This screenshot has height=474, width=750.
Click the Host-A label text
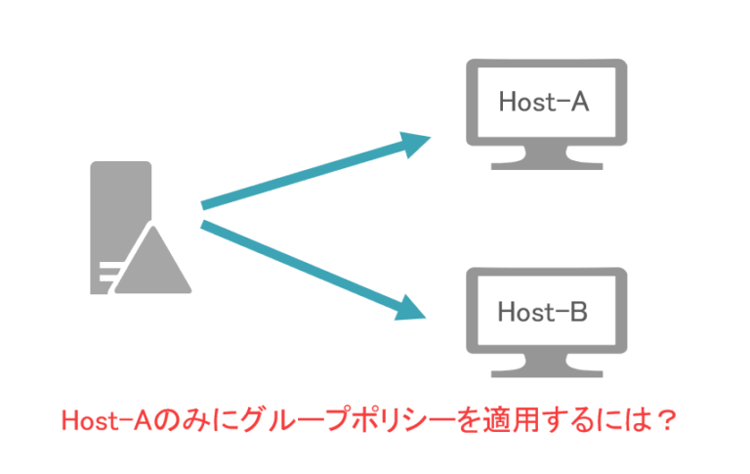click(543, 102)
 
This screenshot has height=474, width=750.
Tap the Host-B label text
click(543, 312)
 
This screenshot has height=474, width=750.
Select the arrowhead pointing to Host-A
click(416, 145)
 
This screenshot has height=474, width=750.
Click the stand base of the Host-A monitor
click(543, 165)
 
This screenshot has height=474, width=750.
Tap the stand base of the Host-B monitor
click(543, 375)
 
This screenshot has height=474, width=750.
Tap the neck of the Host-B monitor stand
click(543, 362)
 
